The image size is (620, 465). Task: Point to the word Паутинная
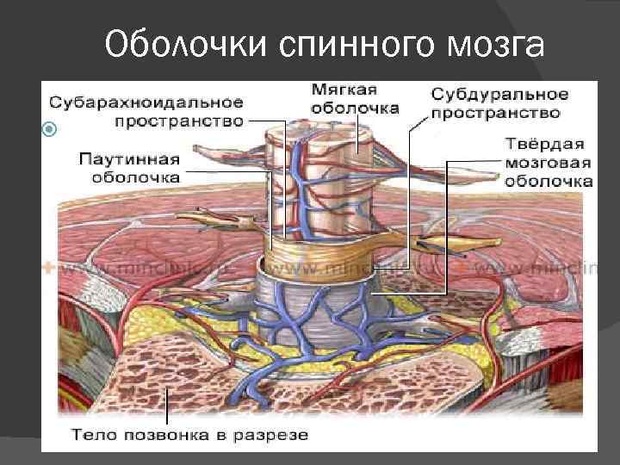(x=129, y=158)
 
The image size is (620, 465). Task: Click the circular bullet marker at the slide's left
(x=49, y=130)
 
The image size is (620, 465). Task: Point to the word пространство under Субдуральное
(x=496, y=112)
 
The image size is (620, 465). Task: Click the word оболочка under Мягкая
(x=355, y=108)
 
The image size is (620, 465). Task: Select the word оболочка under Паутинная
(x=137, y=177)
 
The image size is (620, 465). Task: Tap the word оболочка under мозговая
(x=549, y=181)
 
